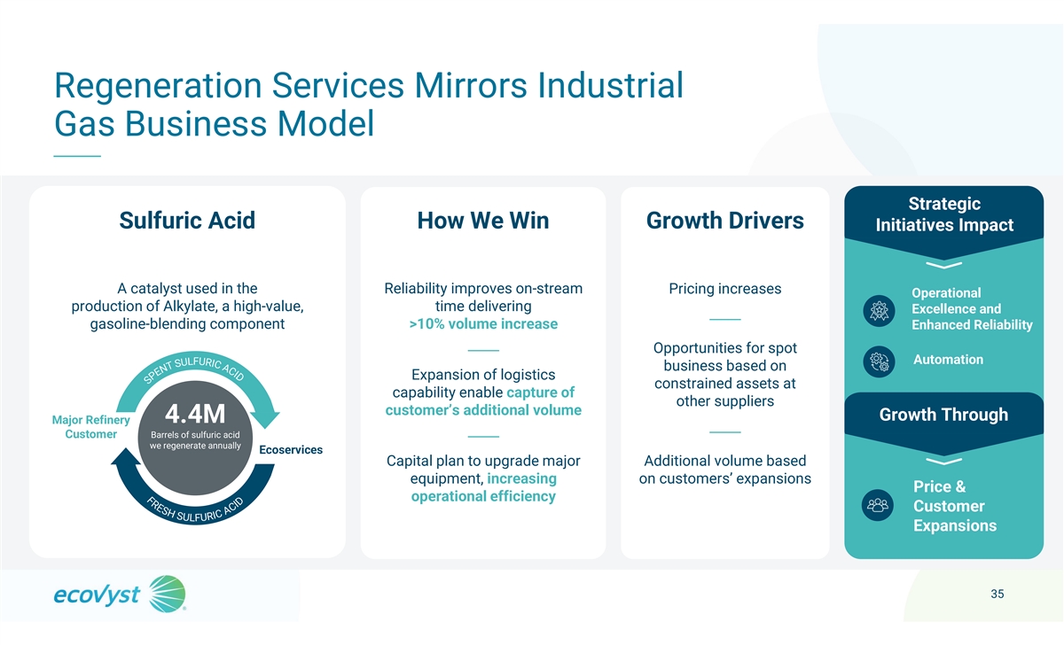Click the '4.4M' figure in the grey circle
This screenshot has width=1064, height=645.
click(195, 414)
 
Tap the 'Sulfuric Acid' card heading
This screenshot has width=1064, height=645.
click(187, 221)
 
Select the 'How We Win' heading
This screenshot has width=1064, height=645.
click(483, 221)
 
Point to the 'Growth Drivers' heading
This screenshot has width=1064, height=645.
click(725, 221)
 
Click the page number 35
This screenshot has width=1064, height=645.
click(997, 594)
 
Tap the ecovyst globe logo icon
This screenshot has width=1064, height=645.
click(168, 594)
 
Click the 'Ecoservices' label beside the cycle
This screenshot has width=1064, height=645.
click(291, 449)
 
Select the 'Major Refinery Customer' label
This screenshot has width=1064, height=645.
click(90, 427)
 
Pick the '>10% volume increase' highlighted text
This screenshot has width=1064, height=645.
click(483, 323)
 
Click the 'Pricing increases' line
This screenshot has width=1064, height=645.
click(725, 289)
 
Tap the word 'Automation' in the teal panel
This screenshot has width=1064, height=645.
click(948, 360)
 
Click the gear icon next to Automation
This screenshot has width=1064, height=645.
click(879, 361)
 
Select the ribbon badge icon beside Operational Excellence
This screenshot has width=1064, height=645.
click(879, 311)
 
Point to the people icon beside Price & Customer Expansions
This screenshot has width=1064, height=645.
click(877, 505)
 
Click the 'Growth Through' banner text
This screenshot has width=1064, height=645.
click(943, 415)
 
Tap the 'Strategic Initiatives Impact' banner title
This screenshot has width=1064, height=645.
click(944, 214)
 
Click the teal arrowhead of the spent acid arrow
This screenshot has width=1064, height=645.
click(265, 418)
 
